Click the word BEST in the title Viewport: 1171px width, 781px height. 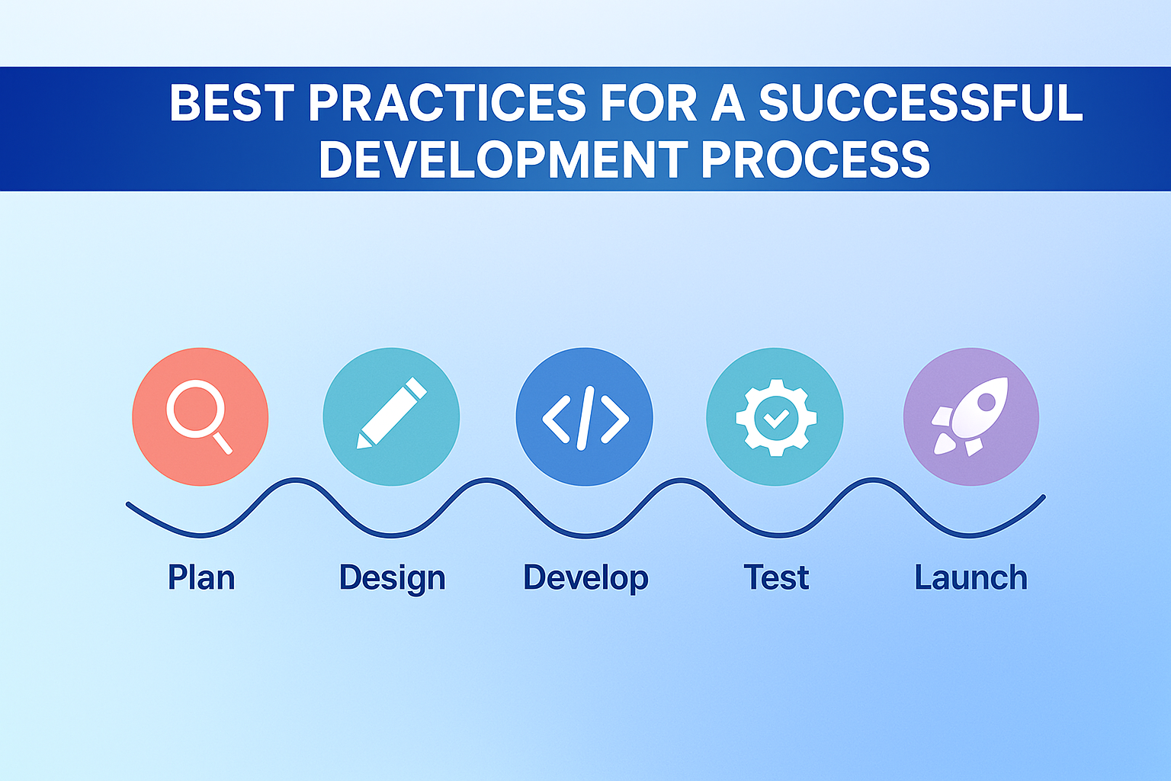(x=231, y=103)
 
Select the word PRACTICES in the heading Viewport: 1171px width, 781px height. (x=447, y=103)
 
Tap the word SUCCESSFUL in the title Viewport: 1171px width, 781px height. (x=920, y=103)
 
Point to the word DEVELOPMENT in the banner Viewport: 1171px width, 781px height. (x=503, y=159)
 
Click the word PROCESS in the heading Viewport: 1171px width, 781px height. (x=815, y=159)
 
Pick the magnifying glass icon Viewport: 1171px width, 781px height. (x=200, y=416)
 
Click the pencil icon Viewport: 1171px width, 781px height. (x=391, y=416)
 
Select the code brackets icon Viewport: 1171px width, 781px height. (x=585, y=417)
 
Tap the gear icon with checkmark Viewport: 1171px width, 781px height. (x=775, y=417)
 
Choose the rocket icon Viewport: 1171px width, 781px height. (x=970, y=416)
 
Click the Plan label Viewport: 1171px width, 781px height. (x=201, y=577)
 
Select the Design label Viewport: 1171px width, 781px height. (x=392, y=578)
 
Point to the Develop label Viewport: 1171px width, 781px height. (x=585, y=578)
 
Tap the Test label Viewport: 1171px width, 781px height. (x=776, y=577)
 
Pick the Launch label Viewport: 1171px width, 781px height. (x=970, y=577)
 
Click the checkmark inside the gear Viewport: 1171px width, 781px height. (x=776, y=417)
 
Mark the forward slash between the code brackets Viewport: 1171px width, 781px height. (x=585, y=417)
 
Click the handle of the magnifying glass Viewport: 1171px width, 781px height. (x=222, y=442)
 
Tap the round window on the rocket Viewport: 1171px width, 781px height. (x=986, y=400)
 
